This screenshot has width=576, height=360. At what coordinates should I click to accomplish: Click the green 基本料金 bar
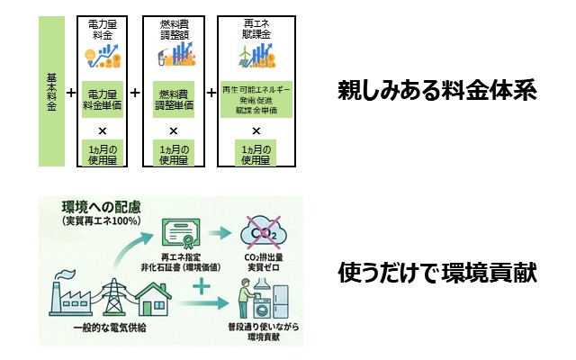click(x=51, y=91)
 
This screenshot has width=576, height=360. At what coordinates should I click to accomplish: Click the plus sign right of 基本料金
click(x=71, y=92)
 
